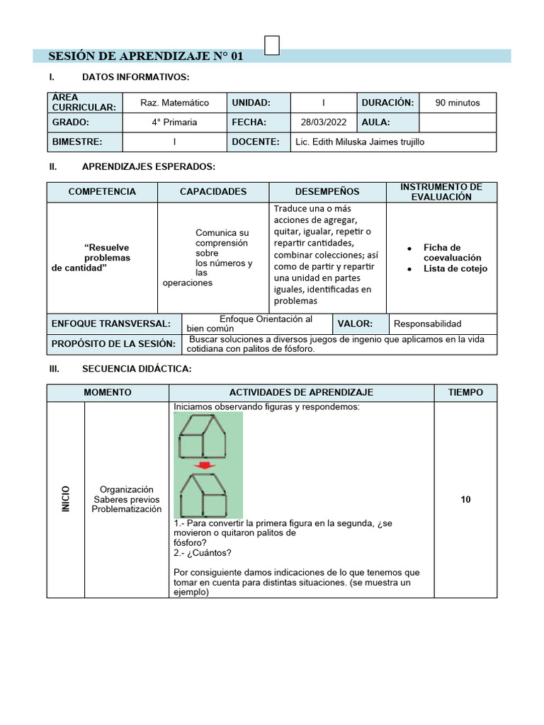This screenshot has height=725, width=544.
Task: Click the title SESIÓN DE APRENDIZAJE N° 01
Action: click(145, 56)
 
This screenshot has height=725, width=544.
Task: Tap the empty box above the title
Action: click(271, 45)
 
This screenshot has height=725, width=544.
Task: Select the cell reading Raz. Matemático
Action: click(174, 103)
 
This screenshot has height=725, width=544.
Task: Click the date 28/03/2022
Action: click(323, 122)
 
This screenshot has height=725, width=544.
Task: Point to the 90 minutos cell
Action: click(457, 103)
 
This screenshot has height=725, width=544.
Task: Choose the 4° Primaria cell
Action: click(174, 122)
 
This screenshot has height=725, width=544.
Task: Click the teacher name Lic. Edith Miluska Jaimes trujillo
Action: click(360, 142)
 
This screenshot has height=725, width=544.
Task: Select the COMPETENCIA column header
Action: click(102, 192)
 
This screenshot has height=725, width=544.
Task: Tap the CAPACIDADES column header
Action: click(213, 192)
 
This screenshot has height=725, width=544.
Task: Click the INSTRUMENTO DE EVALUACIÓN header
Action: click(441, 192)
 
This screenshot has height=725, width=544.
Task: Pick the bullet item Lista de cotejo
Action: click(455, 268)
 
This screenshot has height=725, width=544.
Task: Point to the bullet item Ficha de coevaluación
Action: click(452, 253)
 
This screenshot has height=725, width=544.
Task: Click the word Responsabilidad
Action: click(427, 324)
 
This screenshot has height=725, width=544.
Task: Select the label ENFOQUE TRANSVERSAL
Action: click(111, 324)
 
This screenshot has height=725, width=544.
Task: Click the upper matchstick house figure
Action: click(203, 436)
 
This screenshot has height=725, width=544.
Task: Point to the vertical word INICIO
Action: click(66, 499)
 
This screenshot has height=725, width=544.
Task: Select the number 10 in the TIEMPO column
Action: click(465, 500)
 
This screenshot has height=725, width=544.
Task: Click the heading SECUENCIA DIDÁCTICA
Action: click(137, 369)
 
